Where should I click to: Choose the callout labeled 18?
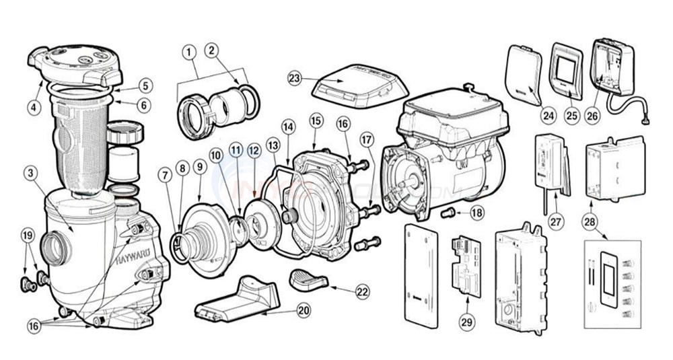[x=476, y=213]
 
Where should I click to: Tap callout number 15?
[x=315, y=121]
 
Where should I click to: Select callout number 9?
[x=199, y=166]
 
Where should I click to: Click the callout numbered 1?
[x=190, y=52]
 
